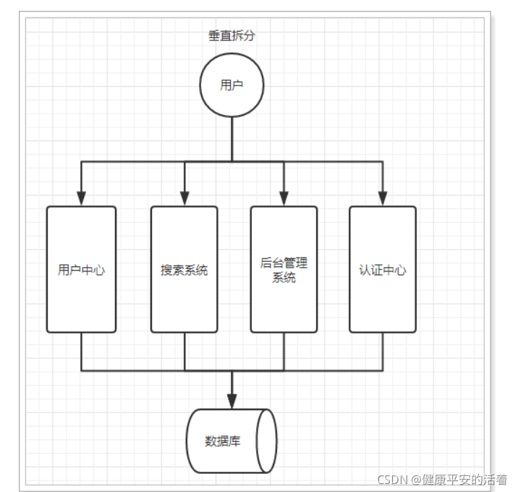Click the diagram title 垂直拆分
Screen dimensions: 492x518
pos(232,35)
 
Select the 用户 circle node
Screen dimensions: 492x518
pos(232,85)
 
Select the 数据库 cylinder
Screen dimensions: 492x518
pos(232,441)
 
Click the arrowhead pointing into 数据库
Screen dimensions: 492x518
pos(232,400)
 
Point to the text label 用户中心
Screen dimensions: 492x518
pos(81,271)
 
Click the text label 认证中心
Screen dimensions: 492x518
pos(382,271)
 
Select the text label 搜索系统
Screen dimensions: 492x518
pos(184,271)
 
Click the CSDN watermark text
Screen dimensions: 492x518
pos(441,479)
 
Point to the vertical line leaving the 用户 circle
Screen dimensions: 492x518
pos(232,137)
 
